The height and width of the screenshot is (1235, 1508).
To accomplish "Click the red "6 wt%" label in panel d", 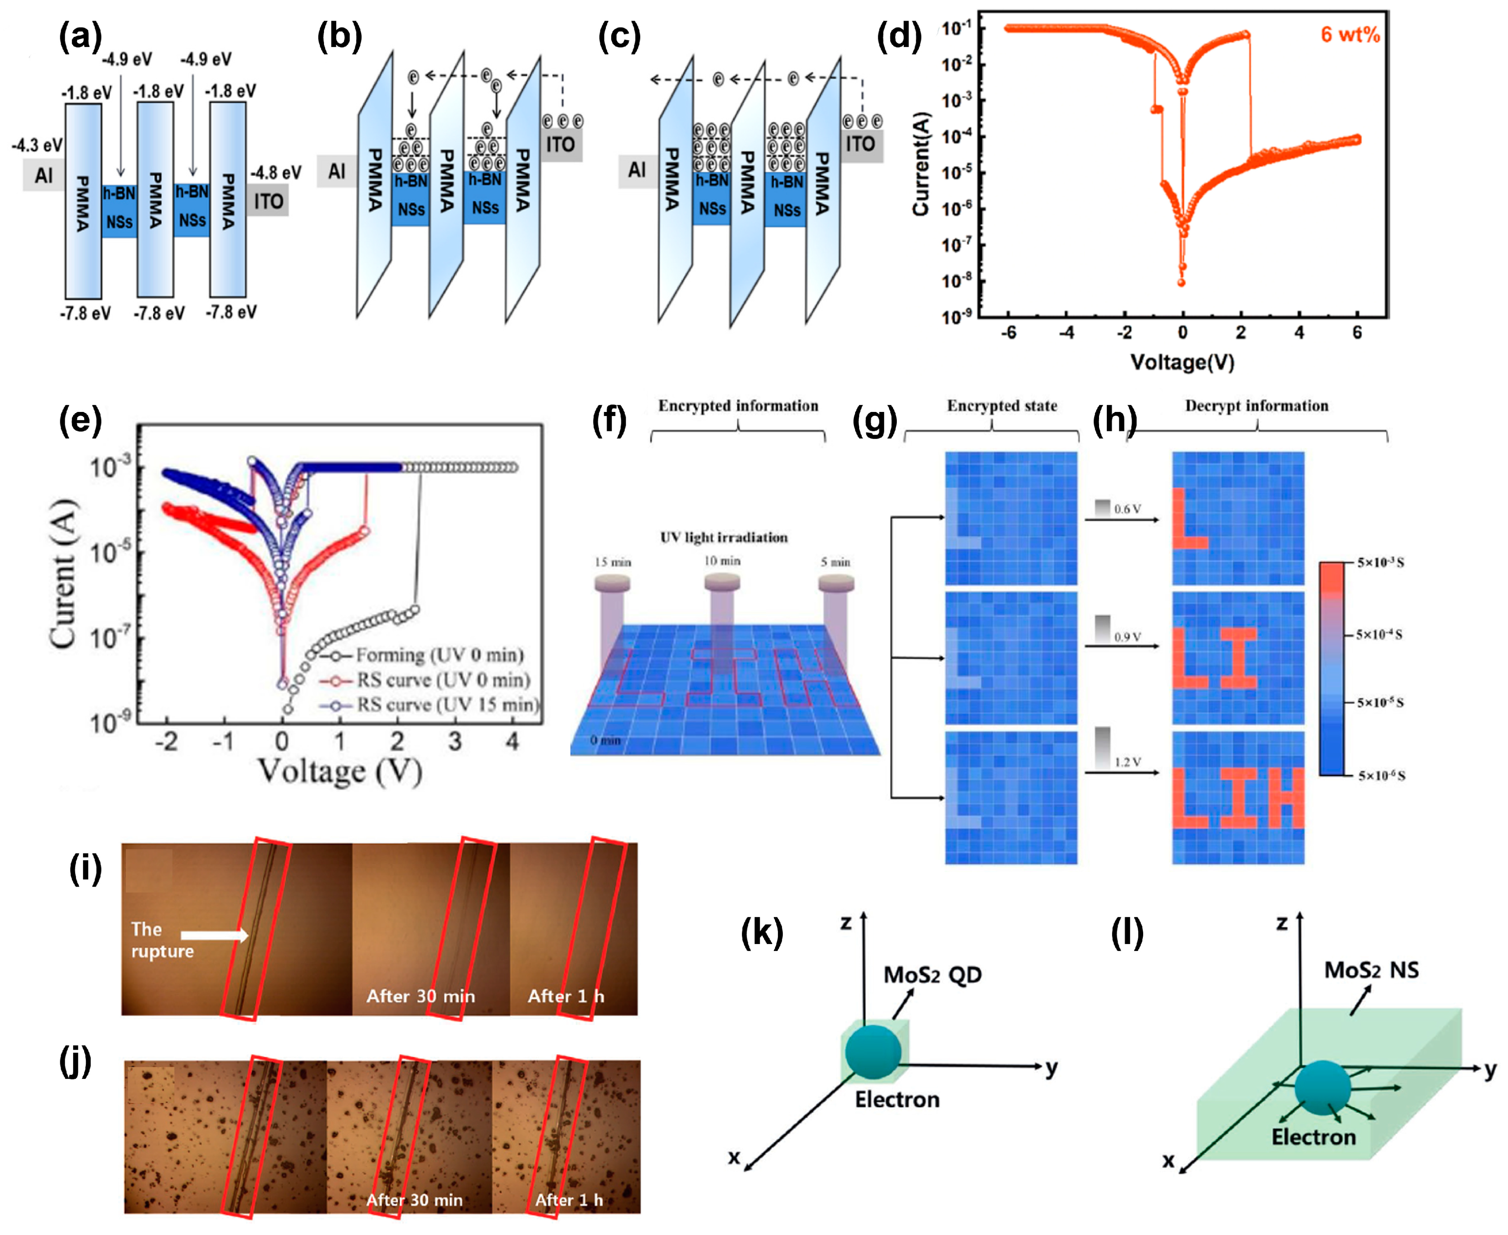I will [1350, 34].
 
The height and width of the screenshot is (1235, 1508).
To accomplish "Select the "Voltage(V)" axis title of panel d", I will [1182, 362].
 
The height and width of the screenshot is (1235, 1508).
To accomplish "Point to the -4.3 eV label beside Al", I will [37, 146].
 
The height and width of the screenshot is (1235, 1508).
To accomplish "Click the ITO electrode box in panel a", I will [268, 201].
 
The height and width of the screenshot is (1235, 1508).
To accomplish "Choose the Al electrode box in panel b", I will [336, 171].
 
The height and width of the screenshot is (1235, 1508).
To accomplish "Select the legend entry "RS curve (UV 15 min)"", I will [447, 704].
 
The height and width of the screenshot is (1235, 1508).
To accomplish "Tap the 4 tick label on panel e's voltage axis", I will [512, 741].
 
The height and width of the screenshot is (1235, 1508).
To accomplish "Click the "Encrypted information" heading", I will [737, 405].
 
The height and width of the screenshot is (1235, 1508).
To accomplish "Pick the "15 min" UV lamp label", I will [612, 562].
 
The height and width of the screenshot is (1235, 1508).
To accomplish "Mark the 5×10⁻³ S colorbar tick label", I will [1380, 563].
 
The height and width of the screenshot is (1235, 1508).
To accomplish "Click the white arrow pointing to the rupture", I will [213, 935].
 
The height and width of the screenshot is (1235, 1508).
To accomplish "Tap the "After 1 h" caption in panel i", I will [565, 996].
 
